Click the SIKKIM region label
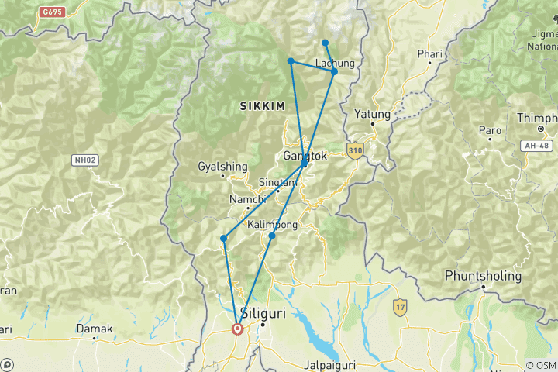(263, 105)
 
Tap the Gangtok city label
(307, 156)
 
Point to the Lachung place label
(336, 63)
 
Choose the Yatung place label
(372, 113)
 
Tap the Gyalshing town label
(222, 166)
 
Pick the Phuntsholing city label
(483, 276)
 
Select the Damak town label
(94, 329)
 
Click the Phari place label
(429, 54)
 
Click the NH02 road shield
(84, 160)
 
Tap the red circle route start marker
(237, 329)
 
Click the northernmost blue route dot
(325, 43)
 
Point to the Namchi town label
(247, 200)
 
